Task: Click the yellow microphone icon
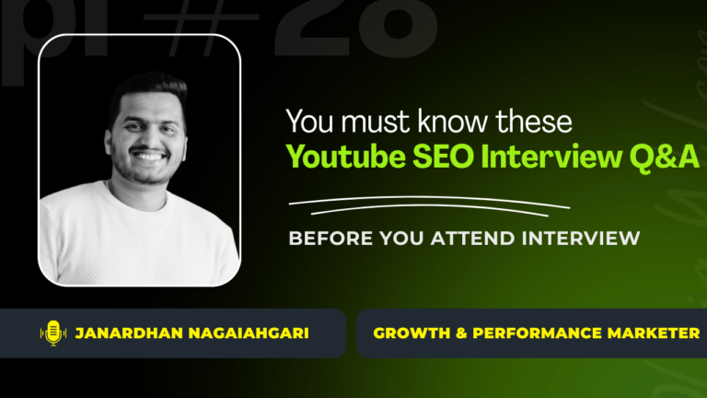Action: pyautogui.click(x=52, y=333)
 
